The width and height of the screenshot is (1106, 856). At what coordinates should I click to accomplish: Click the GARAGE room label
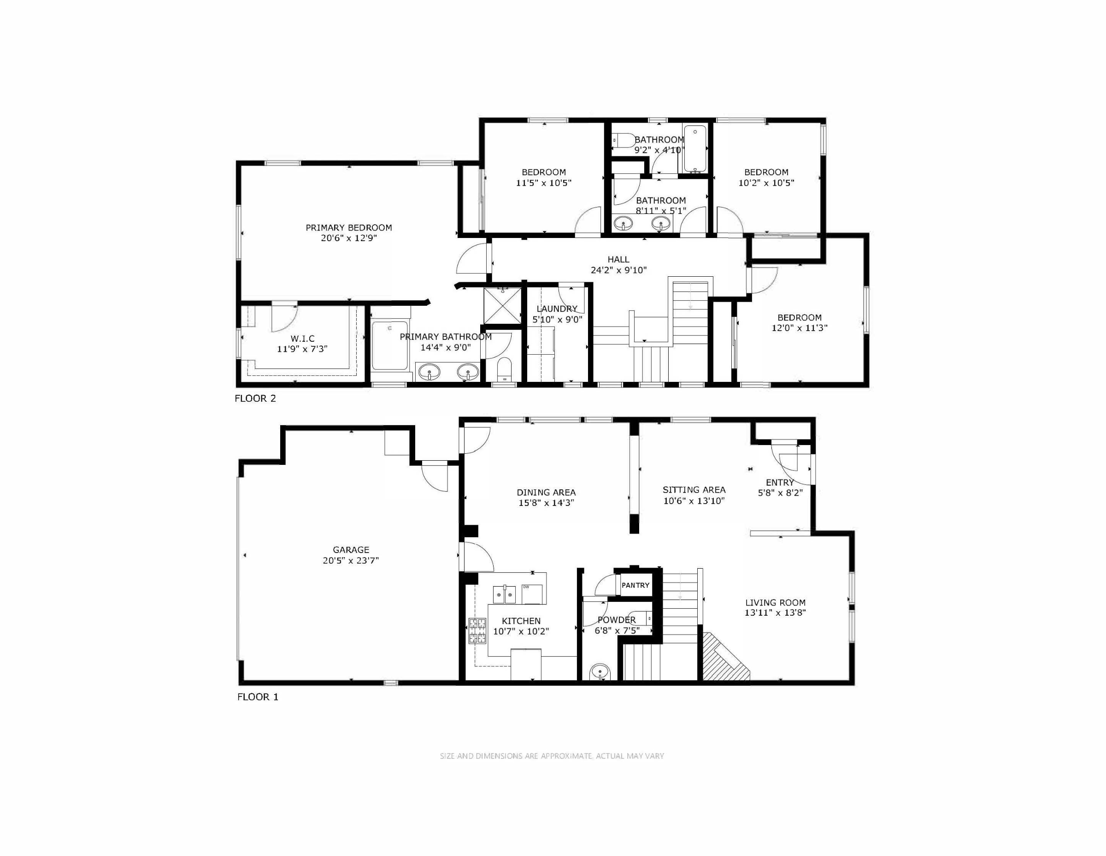(x=351, y=549)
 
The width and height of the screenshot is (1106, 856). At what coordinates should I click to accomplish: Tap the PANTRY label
(x=635, y=585)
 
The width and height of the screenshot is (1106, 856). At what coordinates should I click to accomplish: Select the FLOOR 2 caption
(x=255, y=398)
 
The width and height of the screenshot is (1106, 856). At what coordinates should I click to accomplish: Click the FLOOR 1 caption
(x=258, y=697)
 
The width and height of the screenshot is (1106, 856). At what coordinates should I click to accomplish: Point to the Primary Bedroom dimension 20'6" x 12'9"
(x=349, y=238)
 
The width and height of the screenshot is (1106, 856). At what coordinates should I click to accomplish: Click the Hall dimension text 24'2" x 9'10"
(x=619, y=270)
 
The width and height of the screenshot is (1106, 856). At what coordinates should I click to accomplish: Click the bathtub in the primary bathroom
(x=390, y=345)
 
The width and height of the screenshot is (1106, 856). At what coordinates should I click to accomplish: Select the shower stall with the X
(x=502, y=306)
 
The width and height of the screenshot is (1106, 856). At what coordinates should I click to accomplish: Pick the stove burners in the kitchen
(x=477, y=631)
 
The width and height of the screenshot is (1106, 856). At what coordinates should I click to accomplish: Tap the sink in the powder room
(x=600, y=672)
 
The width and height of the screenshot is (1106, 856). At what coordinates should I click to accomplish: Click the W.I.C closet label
(x=302, y=339)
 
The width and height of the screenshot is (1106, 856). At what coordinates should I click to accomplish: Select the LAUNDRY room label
(x=557, y=309)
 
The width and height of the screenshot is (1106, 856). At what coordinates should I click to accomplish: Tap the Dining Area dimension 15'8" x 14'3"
(x=546, y=503)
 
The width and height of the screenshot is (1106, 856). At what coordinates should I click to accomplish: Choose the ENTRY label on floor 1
(x=780, y=482)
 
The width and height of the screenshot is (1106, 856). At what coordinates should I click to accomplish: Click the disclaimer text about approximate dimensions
(x=552, y=755)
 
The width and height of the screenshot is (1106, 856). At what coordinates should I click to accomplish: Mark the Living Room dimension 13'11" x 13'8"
(x=775, y=612)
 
